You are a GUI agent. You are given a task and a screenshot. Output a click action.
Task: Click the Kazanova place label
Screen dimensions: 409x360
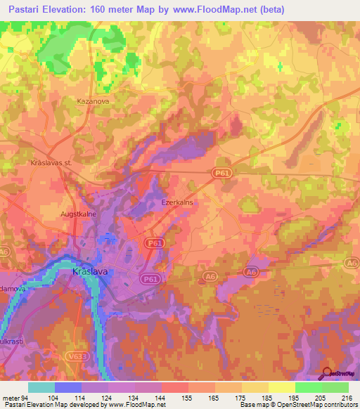[89, 101]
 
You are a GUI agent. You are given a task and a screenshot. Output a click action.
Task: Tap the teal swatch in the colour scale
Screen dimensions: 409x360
[41, 387]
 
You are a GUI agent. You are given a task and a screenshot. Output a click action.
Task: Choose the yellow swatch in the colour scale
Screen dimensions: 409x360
[281, 387]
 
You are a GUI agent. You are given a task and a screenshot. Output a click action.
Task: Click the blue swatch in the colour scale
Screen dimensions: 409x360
[67, 387]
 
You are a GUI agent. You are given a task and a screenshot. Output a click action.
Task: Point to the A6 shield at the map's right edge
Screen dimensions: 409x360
[351, 262]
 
